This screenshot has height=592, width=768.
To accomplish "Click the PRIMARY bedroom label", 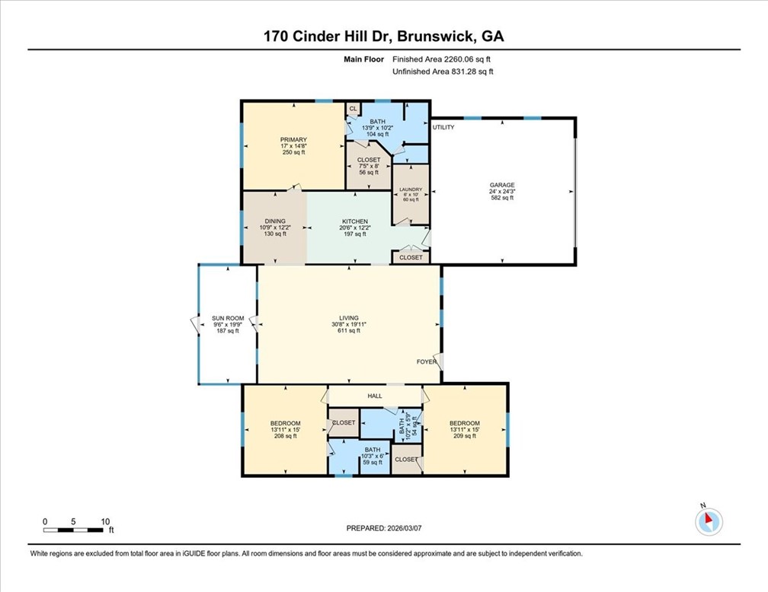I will pos(293,139).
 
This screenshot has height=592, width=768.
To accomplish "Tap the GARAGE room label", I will pos(502,185).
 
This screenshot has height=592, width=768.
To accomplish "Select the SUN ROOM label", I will pos(227,318).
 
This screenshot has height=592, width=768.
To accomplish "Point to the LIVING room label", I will pos(349,318).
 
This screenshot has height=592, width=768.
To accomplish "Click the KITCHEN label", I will pos(354,221).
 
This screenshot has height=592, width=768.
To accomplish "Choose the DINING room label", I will pos(275,221).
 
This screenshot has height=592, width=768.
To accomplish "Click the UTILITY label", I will pos(443,127).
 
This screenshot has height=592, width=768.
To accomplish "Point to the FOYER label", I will pos(427,361).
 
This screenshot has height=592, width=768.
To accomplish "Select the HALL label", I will pos(375,396).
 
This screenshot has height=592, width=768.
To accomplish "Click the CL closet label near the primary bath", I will pos(353,109).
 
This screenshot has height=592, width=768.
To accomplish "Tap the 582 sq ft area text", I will pos(502,198).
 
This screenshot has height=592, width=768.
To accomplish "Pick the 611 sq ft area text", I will pos(349,331).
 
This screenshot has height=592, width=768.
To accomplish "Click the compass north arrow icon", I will pos(709,521).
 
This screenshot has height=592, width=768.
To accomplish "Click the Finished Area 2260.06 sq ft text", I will pos(446,59).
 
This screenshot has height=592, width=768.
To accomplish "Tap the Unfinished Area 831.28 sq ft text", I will pos(443,72).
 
